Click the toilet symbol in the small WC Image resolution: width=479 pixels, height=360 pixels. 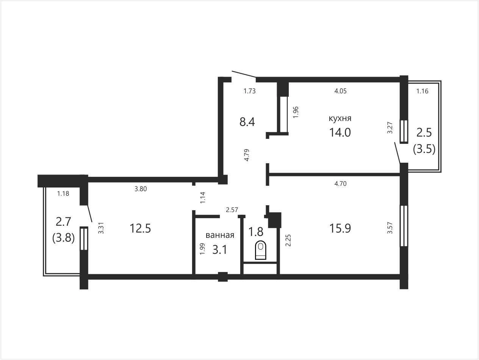click(261, 250)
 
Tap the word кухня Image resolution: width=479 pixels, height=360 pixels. click(340, 119)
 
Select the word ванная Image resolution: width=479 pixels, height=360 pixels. click(220, 235)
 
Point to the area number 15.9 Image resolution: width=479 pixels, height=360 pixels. click(340, 229)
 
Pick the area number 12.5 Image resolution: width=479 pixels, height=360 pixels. click(140, 229)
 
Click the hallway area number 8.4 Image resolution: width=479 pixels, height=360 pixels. click(247, 122)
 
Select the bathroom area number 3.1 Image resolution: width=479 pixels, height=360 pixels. click(220, 250)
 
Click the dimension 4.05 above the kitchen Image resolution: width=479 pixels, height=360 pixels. click(340, 91)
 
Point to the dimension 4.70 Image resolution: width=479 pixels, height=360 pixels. click(340, 184)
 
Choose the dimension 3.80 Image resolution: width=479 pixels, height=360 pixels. click(141, 189)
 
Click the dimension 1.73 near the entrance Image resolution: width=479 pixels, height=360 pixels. click(249, 91)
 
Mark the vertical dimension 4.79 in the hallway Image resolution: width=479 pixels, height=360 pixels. click(247, 155)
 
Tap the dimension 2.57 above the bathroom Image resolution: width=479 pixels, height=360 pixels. click(232, 210)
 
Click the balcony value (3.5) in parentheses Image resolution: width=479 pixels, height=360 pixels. click(424, 149)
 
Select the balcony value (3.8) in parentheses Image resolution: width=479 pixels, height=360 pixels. click(64, 238)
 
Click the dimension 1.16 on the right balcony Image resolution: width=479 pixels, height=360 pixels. click(422, 91)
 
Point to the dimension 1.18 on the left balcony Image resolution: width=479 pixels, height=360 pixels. click(63, 193)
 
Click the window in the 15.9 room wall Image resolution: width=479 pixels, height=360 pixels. click(404, 226)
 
